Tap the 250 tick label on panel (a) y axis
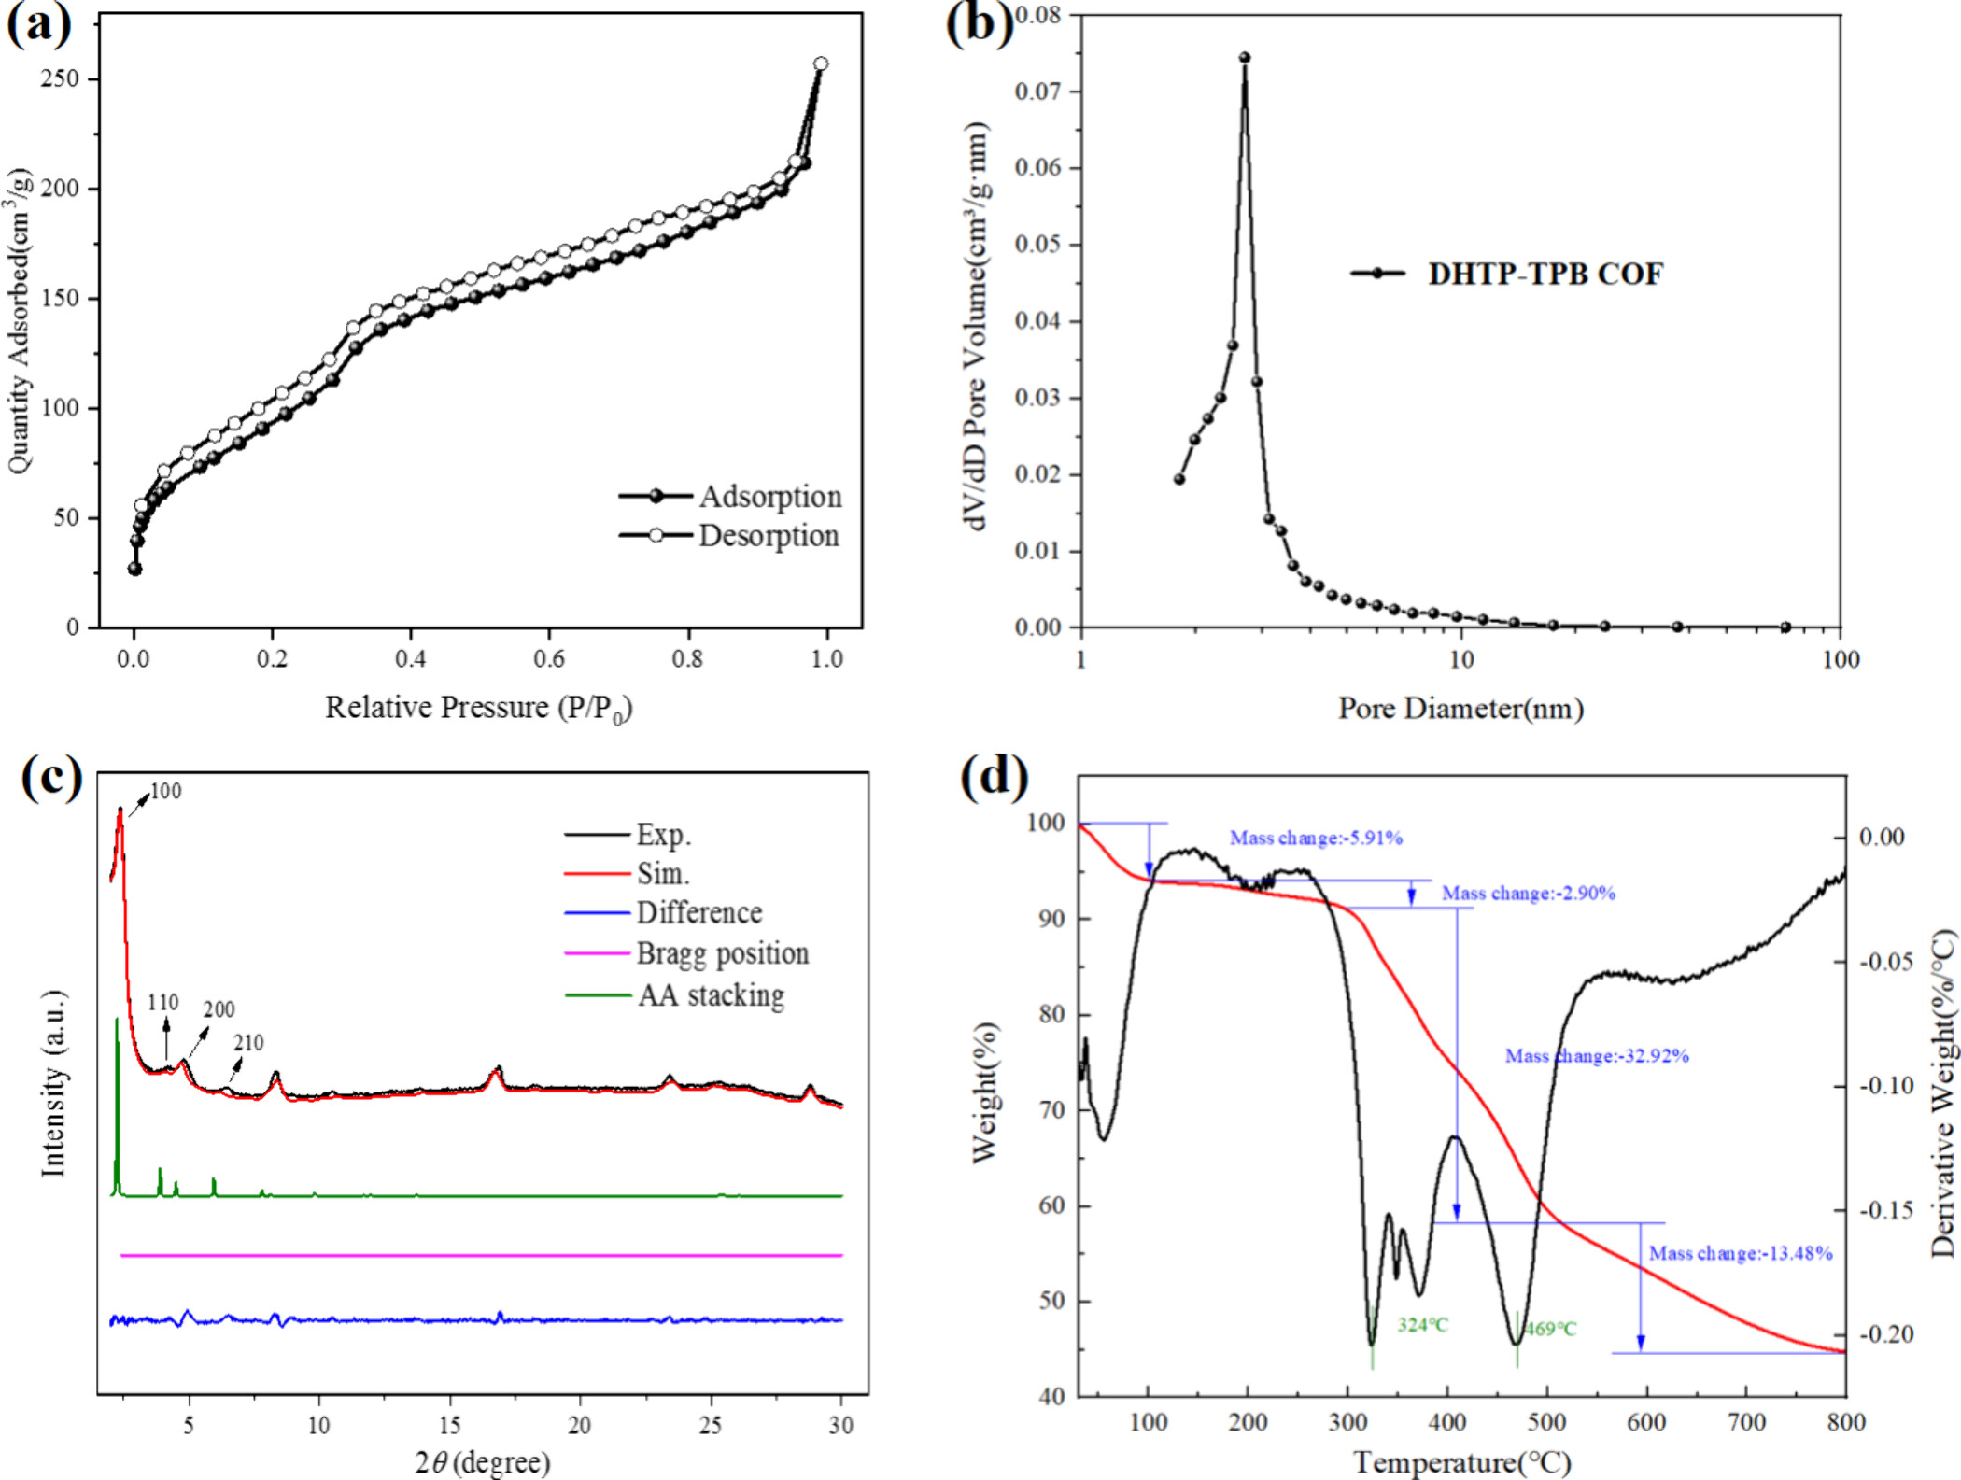[60, 78]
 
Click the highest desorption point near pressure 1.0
[821, 64]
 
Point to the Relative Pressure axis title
[478, 709]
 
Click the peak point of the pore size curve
[1245, 58]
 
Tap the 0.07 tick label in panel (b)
[1038, 92]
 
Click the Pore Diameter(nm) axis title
[1460, 709]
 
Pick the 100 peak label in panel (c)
[165, 792]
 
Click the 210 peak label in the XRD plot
[248, 1043]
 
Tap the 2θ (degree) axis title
[483, 1461]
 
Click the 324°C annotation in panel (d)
[1422, 1325]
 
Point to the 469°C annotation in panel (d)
[1550, 1329]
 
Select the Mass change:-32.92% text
[1597, 1056]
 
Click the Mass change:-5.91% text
[1316, 839]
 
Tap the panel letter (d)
[995, 777]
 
